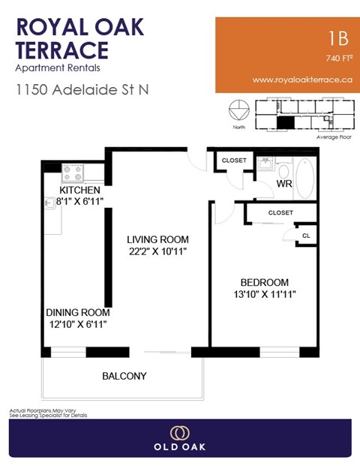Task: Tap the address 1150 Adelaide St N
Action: pos(82,89)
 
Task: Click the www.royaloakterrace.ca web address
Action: pos(302,80)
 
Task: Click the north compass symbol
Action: pos(239,110)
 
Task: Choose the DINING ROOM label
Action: pos(78,312)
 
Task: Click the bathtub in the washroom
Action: pos(306,179)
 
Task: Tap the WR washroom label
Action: pos(283,183)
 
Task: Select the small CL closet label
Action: pos(306,234)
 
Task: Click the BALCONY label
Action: pos(124,376)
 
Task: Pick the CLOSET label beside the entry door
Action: pos(234,160)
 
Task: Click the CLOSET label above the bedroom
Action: pos(280,213)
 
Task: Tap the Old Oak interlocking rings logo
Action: pos(179,433)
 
